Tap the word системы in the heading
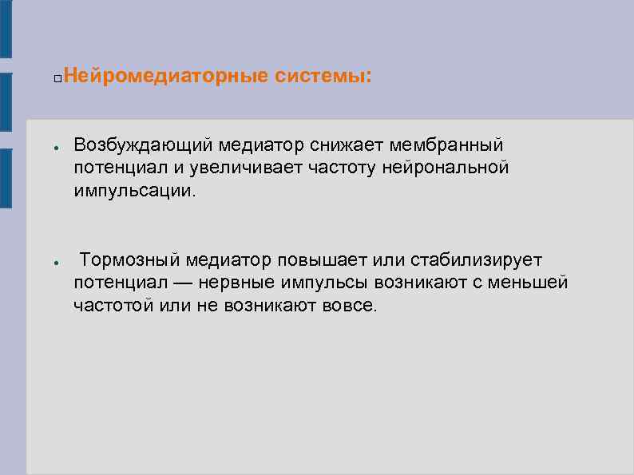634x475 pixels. pos(322,77)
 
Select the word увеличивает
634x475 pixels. pos(256,168)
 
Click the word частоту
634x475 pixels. pos(347,168)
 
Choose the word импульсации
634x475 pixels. pos(134,192)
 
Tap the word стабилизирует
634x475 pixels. pos(477,260)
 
